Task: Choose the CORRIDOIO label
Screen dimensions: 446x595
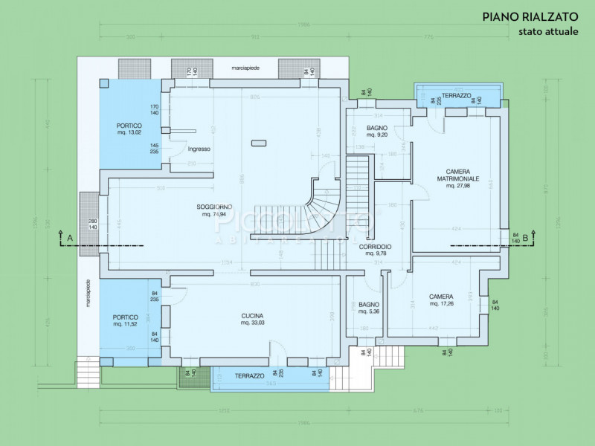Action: click(375, 250)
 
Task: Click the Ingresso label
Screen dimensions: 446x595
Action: click(199, 149)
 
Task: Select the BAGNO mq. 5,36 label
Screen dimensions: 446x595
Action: click(369, 308)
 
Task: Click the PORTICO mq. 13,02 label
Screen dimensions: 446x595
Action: click(129, 129)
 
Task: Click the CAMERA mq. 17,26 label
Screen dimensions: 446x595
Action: click(440, 300)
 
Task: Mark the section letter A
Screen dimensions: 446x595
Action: click(70, 237)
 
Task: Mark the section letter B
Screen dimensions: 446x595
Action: click(525, 237)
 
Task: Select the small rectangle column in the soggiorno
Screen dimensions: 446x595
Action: click(259, 142)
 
